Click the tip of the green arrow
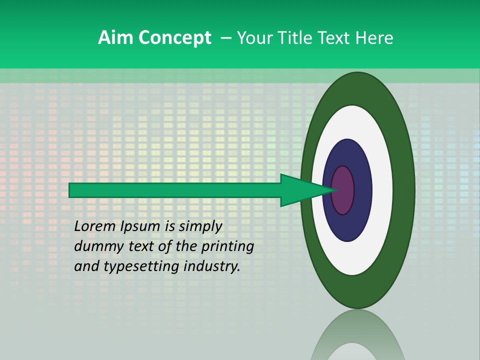click(336, 190)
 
